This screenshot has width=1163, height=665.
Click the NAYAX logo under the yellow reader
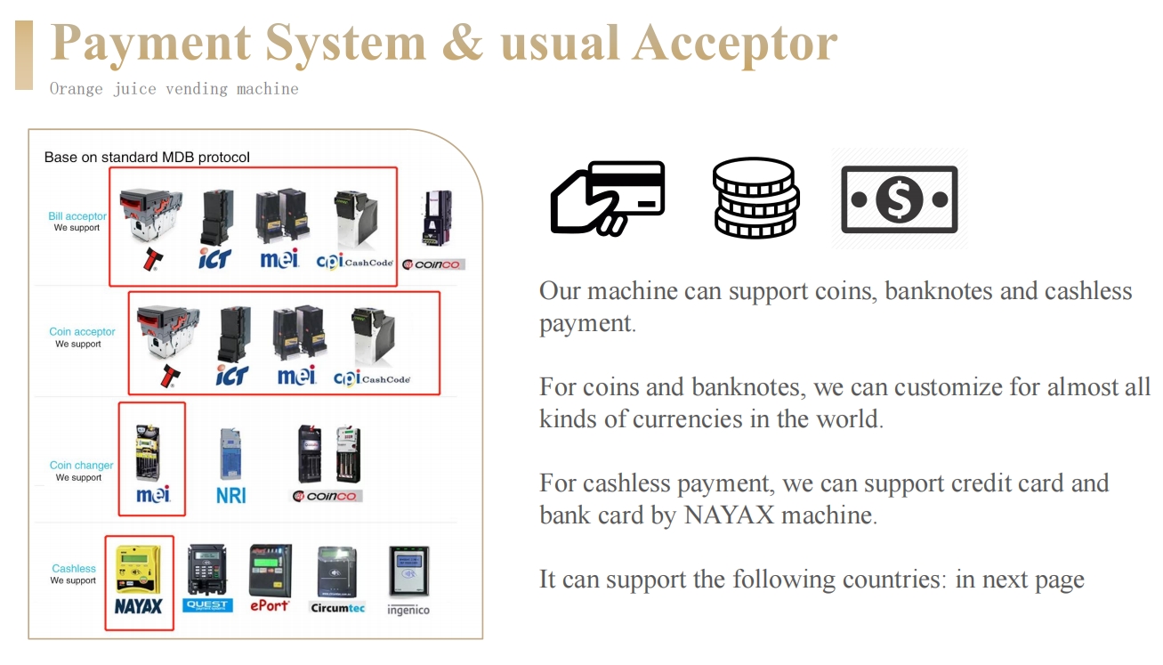(139, 606)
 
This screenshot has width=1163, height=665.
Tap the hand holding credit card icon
(608, 198)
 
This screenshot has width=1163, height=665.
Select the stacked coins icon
(755, 198)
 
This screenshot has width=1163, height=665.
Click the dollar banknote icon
(899, 199)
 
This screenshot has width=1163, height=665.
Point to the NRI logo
(231, 495)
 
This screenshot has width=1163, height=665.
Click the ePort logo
(270, 605)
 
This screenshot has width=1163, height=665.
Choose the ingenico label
(408, 610)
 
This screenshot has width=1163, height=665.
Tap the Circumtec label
(337, 608)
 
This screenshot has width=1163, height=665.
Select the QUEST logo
(208, 605)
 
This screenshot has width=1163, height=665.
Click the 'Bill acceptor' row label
(77, 216)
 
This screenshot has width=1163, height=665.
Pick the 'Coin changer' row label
(82, 466)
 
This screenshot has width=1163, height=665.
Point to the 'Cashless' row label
(74, 569)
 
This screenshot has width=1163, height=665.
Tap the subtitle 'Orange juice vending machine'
(174, 89)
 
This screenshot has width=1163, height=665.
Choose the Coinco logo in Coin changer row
(328, 496)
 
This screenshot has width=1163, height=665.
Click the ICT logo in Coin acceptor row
(232, 376)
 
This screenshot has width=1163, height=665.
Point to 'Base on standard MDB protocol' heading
(147, 158)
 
